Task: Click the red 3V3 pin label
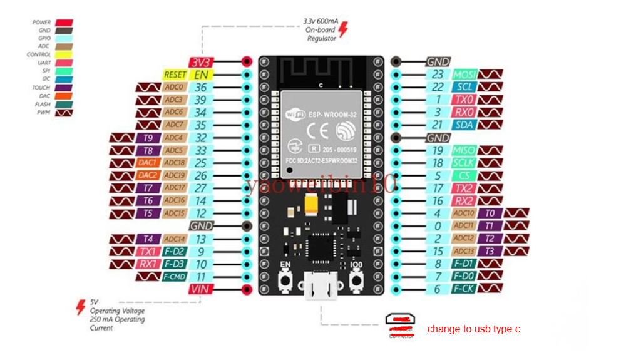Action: click(202, 62)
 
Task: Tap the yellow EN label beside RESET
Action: click(202, 75)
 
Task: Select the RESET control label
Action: click(175, 75)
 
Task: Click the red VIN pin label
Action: click(202, 289)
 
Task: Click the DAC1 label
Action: click(148, 163)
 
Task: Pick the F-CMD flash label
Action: click(175, 277)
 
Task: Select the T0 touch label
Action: click(490, 213)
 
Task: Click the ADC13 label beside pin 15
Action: click(464, 251)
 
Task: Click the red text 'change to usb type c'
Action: click(473, 329)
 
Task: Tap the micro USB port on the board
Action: click(321, 287)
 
